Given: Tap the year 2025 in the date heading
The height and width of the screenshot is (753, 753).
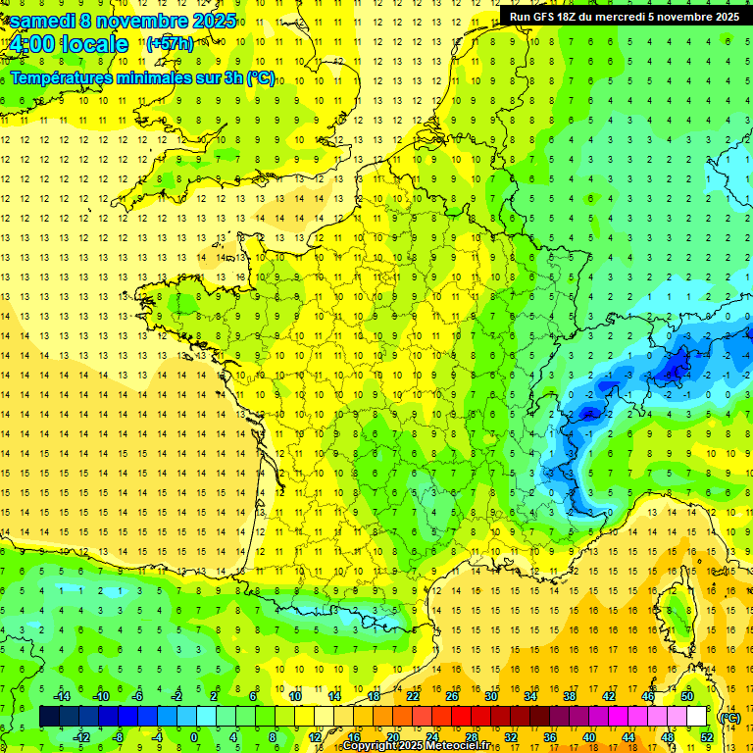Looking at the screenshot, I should pos(207,21).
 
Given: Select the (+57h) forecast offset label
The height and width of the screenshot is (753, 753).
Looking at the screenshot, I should pos(170,44).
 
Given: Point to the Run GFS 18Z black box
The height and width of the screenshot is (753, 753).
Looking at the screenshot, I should pos(625,16).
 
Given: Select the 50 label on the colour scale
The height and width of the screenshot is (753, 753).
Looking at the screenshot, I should pos(687,696).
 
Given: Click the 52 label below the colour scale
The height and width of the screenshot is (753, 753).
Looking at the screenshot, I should pos(707,736).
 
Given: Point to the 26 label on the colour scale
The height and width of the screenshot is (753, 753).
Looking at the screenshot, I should pos(452,696).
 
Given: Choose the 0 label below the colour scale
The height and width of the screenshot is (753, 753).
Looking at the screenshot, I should pos(193,736).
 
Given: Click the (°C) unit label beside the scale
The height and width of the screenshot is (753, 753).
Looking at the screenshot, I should pos(729,718).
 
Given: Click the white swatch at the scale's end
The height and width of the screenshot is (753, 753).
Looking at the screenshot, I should pos(696,717).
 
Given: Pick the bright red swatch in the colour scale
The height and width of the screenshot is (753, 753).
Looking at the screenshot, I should pos(461,717).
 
